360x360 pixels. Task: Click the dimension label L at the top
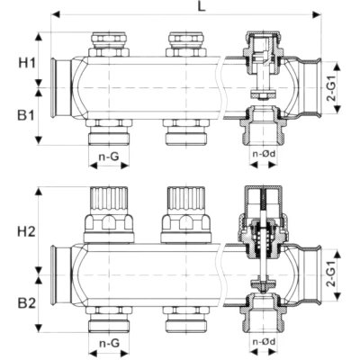187,8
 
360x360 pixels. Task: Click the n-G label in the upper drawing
108,157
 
